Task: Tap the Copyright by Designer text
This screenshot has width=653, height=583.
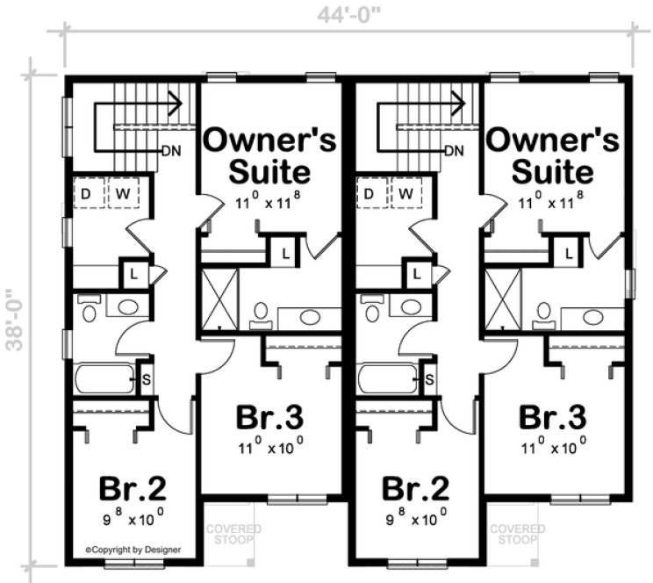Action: [133, 550]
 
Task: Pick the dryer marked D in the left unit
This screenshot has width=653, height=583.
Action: [88, 192]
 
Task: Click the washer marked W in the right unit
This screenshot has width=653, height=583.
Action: [405, 192]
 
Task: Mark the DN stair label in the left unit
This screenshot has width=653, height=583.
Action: [172, 150]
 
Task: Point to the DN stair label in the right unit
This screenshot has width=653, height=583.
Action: [454, 150]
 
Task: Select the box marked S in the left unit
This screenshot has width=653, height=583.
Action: [145, 379]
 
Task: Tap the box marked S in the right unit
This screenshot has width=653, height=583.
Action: [429, 379]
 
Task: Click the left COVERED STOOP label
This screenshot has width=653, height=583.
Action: [233, 536]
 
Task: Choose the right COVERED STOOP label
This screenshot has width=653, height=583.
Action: [517, 536]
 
